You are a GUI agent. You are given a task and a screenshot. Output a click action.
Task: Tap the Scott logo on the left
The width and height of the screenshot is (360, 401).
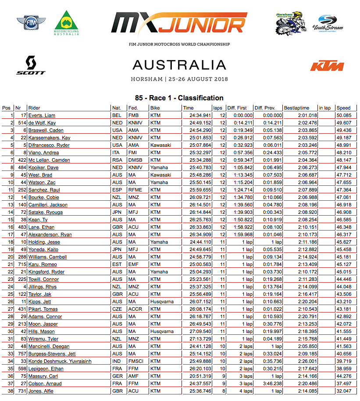tap(31, 65)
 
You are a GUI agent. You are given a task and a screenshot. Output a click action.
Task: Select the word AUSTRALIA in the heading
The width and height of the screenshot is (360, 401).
tap(179, 65)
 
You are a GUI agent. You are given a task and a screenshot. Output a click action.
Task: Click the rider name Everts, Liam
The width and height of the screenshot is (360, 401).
tap(42, 115)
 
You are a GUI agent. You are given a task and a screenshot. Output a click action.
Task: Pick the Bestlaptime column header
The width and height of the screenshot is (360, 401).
tap(296, 108)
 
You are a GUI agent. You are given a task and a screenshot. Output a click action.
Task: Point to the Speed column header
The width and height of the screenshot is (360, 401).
tap(343, 108)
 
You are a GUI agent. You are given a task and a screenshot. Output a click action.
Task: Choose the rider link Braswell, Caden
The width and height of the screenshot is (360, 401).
tap(46, 130)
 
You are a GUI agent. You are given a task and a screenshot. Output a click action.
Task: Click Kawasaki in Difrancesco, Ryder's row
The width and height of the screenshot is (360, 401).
tap(160, 145)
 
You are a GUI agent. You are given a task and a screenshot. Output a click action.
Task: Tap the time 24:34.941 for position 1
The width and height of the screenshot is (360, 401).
tap(200, 115)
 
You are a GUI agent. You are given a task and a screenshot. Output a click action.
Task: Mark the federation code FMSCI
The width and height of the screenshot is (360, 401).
tap(135, 361)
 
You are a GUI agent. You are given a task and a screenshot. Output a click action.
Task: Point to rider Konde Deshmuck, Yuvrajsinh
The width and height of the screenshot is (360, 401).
tap(61, 361)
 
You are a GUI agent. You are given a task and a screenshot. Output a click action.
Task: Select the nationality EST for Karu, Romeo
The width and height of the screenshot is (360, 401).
tap(117, 264)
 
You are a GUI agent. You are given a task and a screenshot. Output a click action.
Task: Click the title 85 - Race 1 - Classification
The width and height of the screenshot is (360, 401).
tap(179, 98)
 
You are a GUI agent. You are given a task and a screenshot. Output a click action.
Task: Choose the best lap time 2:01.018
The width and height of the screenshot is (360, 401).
tap(307, 115)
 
